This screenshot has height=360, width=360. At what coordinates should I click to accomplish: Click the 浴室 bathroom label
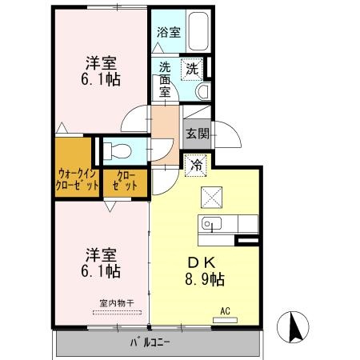click(x=168, y=33)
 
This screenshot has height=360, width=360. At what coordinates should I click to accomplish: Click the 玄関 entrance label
click(x=196, y=134)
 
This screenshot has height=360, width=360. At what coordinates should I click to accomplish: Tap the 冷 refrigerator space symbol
click(x=197, y=166)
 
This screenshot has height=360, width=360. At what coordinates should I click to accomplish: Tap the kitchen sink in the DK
click(x=212, y=223)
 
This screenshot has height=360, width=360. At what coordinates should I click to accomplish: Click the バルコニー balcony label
click(x=153, y=343)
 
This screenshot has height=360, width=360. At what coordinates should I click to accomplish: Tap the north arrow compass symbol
click(x=294, y=327)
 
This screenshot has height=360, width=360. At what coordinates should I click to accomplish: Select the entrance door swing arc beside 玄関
click(x=230, y=134)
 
